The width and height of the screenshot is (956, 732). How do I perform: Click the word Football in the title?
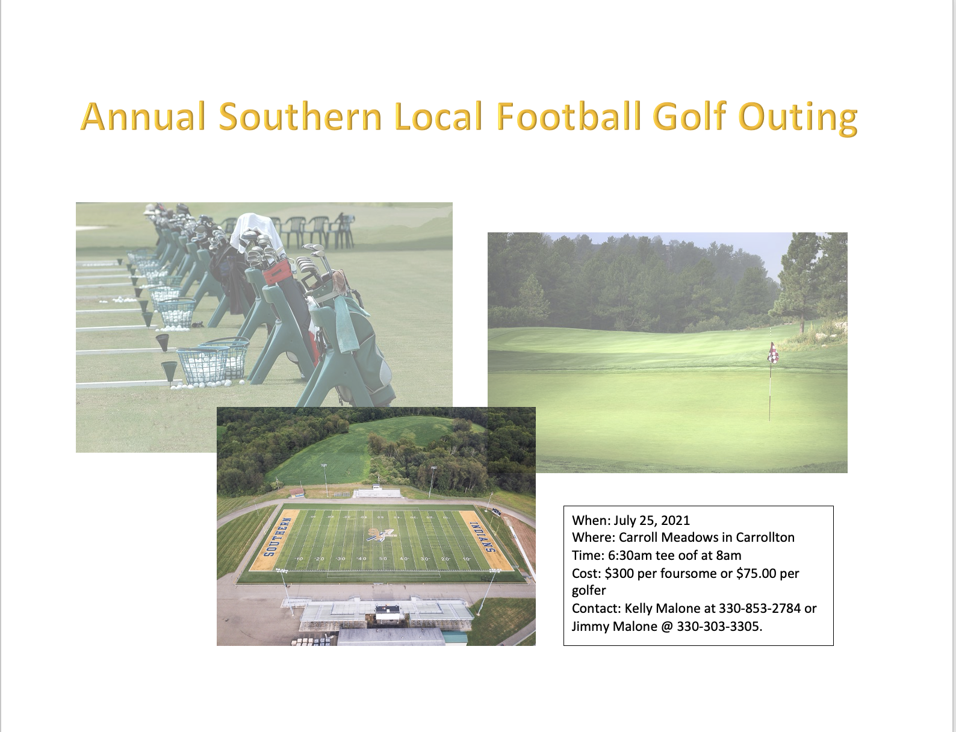point(568,116)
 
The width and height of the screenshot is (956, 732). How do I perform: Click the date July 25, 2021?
point(651,521)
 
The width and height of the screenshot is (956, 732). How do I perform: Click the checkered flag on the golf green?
point(772,353)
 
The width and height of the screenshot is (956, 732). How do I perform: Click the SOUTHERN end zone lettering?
point(272,538)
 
